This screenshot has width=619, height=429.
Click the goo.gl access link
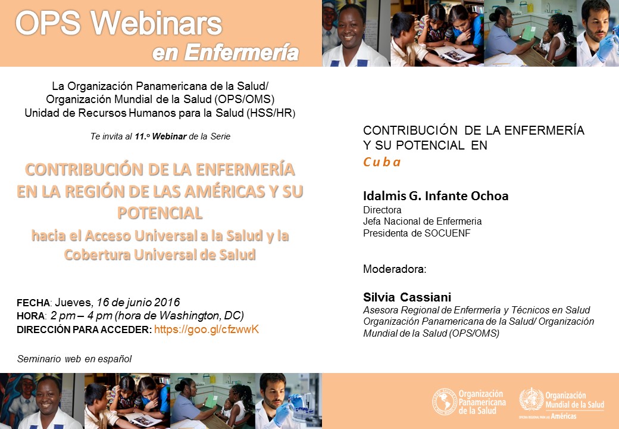click(x=207, y=329)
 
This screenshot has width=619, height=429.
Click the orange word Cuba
click(x=382, y=162)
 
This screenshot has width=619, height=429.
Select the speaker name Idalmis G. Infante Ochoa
click(x=436, y=195)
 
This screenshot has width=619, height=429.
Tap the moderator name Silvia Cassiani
click(x=407, y=297)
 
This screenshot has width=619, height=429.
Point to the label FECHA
click(x=33, y=303)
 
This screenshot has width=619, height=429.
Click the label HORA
click(x=30, y=316)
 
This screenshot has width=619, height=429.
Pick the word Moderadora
click(x=395, y=269)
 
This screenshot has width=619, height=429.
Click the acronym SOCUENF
click(x=447, y=233)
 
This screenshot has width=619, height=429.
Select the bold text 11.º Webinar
click(x=161, y=136)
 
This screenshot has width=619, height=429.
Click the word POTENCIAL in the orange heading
click(x=160, y=213)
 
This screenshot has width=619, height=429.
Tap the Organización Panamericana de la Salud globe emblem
click(x=445, y=402)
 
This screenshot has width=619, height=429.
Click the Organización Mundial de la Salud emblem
click(x=532, y=400)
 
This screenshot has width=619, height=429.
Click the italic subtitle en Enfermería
click(x=226, y=52)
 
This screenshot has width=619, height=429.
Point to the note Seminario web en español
click(x=74, y=359)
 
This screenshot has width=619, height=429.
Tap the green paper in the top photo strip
click(x=529, y=33)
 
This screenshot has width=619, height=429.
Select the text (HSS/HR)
click(x=271, y=113)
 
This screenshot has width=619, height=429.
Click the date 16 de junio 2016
click(x=138, y=303)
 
